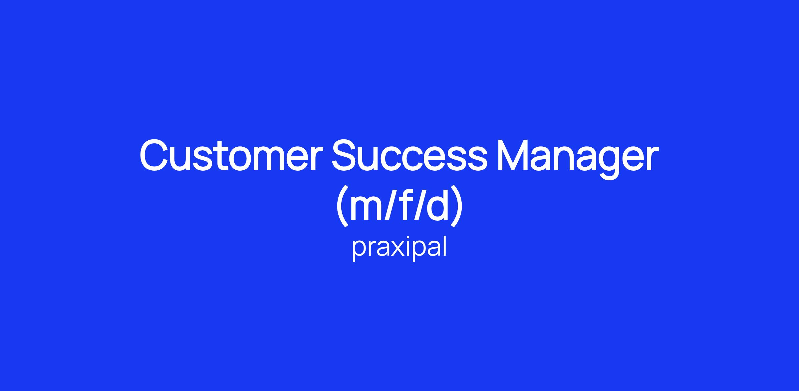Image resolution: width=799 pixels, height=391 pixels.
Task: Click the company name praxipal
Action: tap(399, 248)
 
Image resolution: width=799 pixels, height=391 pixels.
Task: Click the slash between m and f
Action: tap(389, 205)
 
